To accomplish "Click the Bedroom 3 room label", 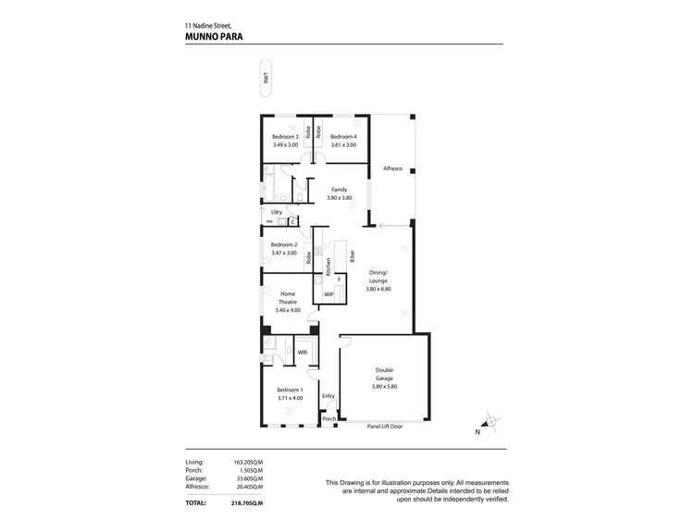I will (285, 137).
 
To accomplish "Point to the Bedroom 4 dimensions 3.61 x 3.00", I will (343, 145).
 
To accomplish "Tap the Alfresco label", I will (392, 168).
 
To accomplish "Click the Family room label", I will (339, 190).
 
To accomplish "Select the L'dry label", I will (277, 212).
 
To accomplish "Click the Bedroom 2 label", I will (284, 245).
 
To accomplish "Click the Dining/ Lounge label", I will (380, 277).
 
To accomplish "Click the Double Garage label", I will (384, 373).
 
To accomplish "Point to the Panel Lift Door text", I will (384, 427).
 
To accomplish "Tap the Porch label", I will (328, 419).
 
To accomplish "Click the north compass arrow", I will (490, 423).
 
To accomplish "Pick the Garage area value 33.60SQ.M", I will (249, 478).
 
